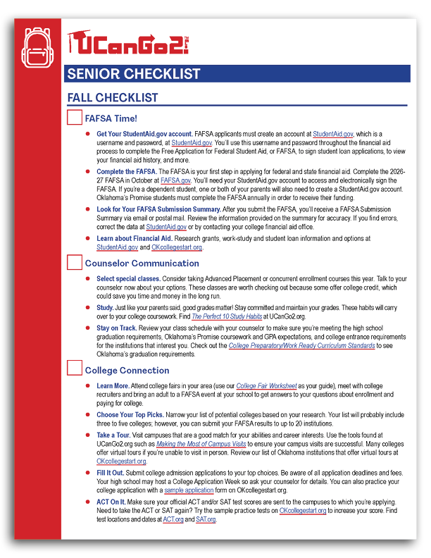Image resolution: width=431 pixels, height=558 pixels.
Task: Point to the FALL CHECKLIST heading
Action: pyautogui.click(x=112, y=98)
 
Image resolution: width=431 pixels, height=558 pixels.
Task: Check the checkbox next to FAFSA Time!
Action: pyautogui.click(x=74, y=118)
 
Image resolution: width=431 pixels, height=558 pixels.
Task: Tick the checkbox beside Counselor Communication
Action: pyautogui.click(x=74, y=263)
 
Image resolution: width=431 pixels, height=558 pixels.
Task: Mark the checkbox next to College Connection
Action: pyautogui.click(x=74, y=370)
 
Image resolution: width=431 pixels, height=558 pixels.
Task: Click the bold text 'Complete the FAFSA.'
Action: pyautogui.click(x=126, y=171)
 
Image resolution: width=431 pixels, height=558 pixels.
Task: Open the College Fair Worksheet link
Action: pyautogui.click(x=265, y=386)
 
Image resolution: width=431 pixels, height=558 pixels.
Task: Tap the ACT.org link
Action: pyautogui.click(x=173, y=519)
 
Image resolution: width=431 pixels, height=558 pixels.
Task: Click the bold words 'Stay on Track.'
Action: pyautogui.click(x=117, y=328)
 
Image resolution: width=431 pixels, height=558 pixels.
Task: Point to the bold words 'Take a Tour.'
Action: pyautogui.click(x=113, y=435)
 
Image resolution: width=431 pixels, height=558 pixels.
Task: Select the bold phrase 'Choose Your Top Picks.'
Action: pyautogui.click(x=131, y=416)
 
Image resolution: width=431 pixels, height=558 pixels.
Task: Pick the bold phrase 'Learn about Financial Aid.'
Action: pyautogui.click(x=134, y=239)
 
